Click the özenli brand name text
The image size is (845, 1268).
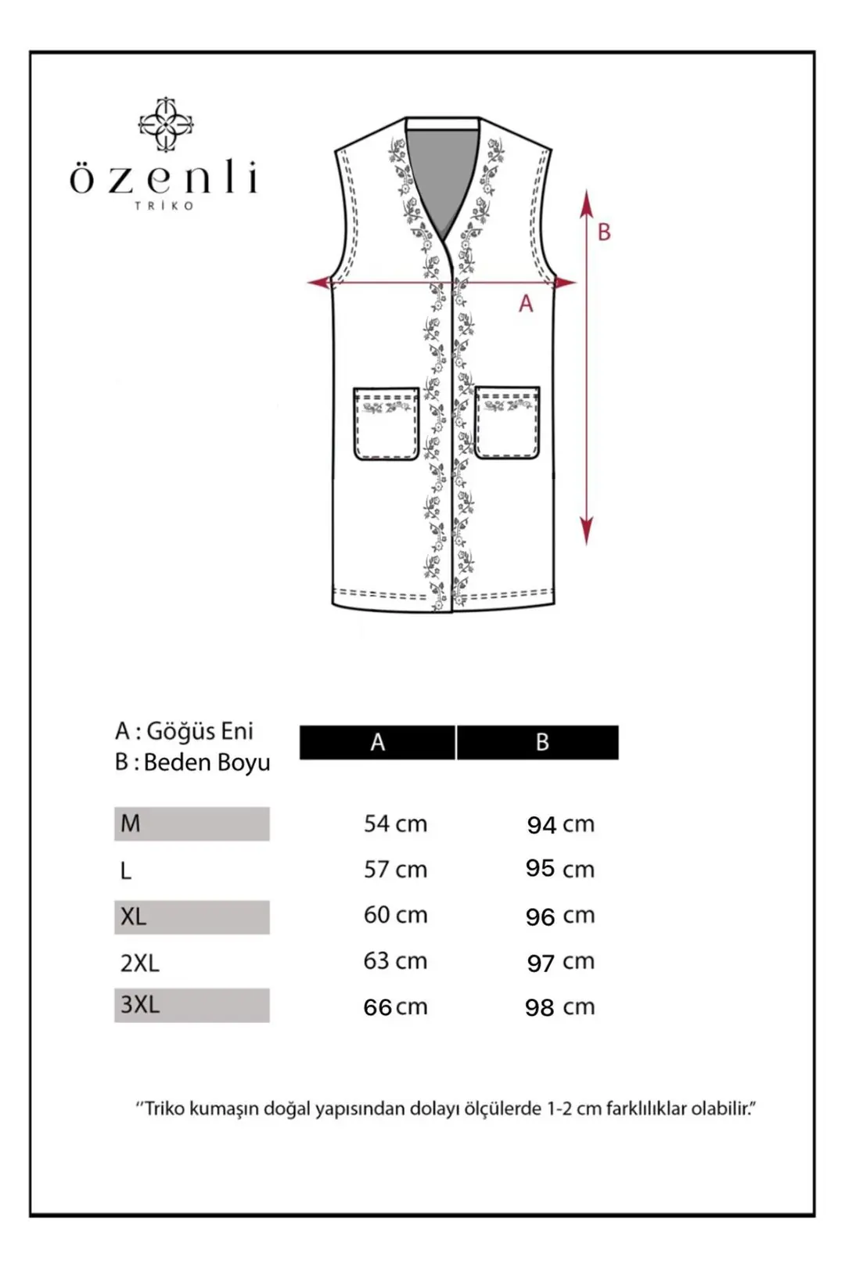point(164,179)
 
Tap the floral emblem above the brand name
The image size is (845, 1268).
point(165,124)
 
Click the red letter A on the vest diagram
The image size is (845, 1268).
point(526,304)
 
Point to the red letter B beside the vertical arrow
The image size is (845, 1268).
point(604,232)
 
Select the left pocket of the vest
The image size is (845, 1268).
point(387,423)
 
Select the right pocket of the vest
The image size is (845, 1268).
point(507,422)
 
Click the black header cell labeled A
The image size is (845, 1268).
point(377,742)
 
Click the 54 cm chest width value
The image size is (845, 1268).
point(395,823)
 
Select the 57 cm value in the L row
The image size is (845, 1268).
point(395,869)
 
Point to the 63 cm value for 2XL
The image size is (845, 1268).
point(395,960)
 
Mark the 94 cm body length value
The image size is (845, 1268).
point(560,824)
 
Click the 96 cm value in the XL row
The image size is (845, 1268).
point(560,916)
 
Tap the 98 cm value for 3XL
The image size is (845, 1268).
point(560,1007)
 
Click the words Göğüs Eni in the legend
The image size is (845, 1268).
point(200,731)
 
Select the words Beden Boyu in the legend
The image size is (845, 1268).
point(207,762)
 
